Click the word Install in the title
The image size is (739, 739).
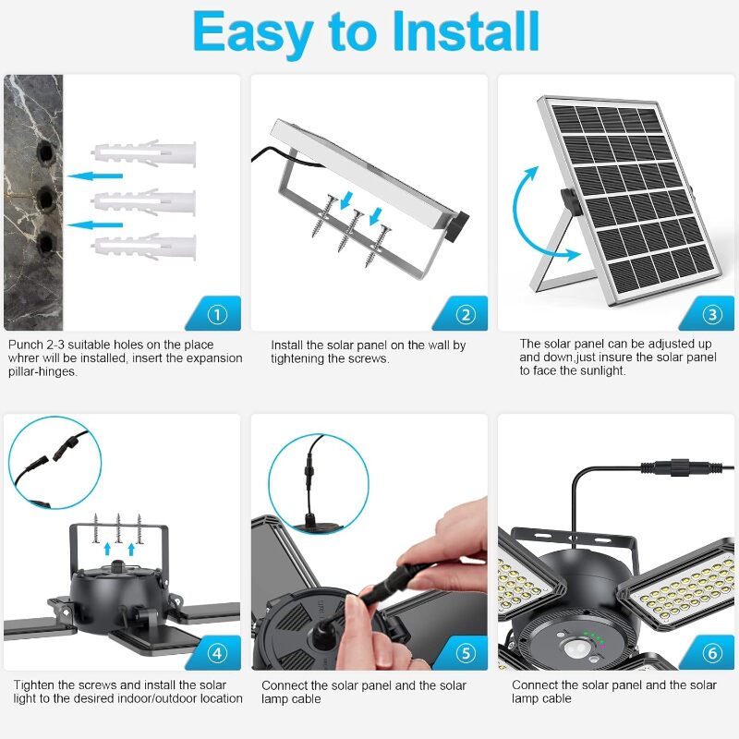[466, 32]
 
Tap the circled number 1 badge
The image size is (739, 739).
[217, 314]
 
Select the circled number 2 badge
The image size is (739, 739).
[466, 314]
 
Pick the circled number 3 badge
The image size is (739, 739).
[712, 314]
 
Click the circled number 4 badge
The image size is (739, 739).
[217, 653]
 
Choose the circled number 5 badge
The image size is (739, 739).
[466, 653]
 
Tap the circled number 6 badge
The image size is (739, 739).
[712, 653]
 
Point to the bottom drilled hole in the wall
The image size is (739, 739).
[47, 244]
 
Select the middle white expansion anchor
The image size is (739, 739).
[143, 202]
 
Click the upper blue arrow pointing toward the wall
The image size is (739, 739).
[95, 176]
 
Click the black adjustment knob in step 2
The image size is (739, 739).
[456, 226]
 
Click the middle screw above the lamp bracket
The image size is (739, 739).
[118, 527]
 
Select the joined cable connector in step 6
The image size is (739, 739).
[681, 468]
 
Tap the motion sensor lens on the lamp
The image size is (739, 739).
[576, 649]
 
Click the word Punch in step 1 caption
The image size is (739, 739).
[27, 345]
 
